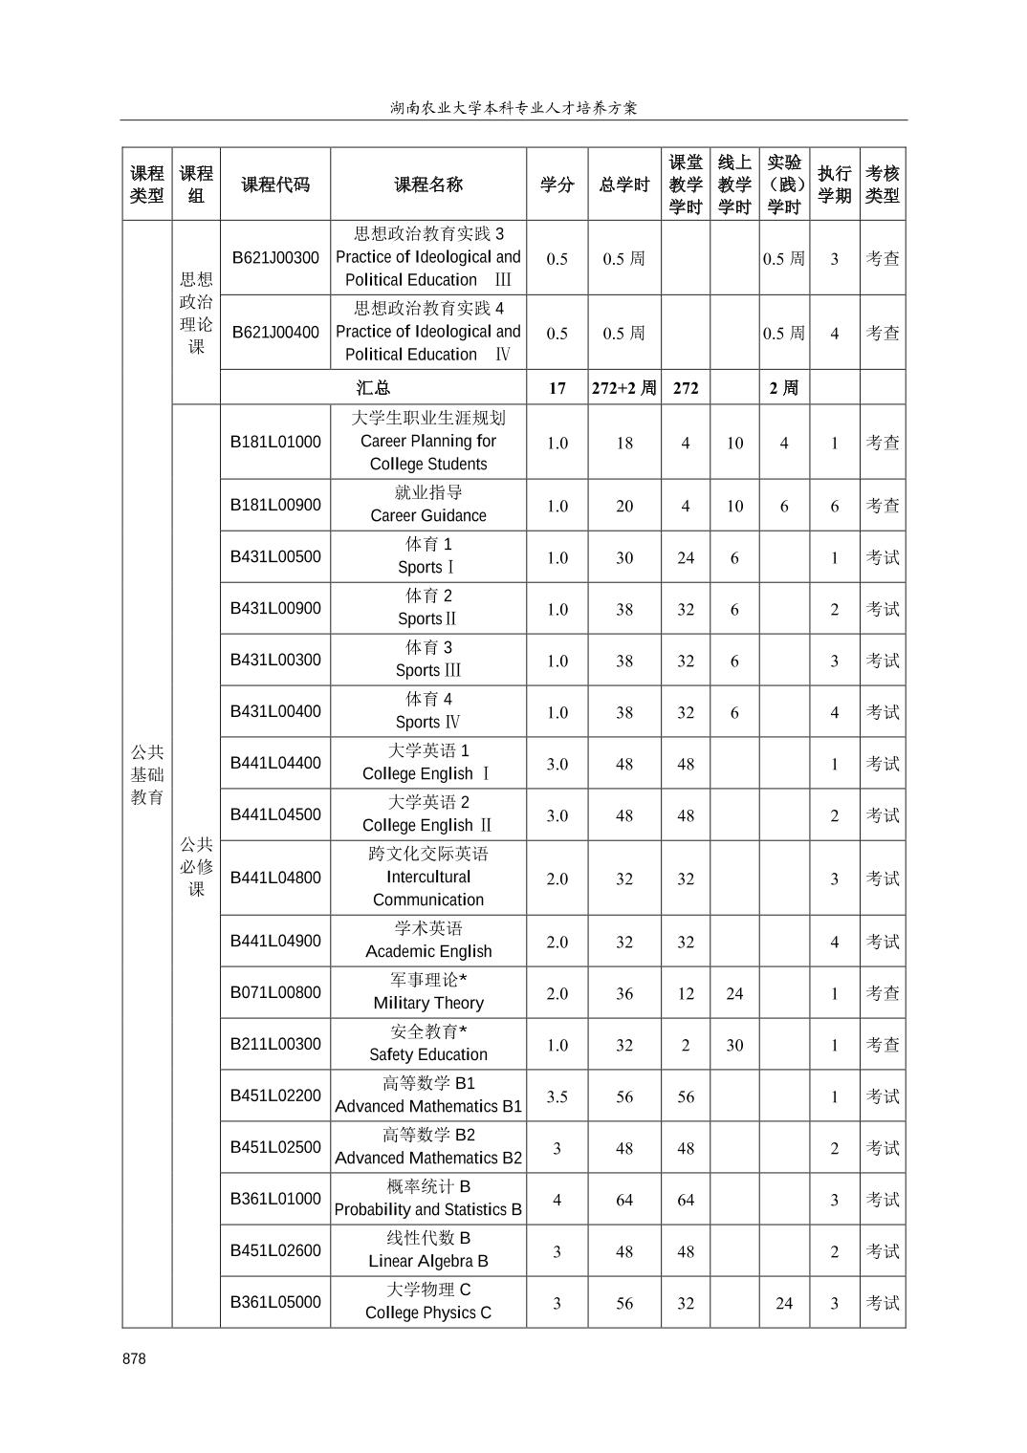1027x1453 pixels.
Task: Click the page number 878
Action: coord(134,1358)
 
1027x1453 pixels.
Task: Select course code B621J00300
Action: coord(275,258)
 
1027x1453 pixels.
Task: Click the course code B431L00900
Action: coord(275,609)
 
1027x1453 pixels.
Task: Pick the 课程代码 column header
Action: coord(275,184)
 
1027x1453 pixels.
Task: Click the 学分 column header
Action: coord(557,184)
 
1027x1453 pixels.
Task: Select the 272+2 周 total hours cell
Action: coord(623,388)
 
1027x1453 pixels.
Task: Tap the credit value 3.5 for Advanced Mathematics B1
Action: coord(557,1096)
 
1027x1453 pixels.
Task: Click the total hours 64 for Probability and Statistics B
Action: coord(623,1200)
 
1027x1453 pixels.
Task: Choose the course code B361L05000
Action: coord(275,1302)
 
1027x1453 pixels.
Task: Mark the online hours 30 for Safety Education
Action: coord(734,1045)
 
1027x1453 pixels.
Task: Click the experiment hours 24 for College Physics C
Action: coord(784,1303)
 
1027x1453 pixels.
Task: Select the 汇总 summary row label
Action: coord(373,388)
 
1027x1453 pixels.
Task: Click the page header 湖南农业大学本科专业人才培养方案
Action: coord(513,108)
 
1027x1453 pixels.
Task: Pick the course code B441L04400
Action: coord(275,763)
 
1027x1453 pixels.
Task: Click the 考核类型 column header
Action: coord(882,184)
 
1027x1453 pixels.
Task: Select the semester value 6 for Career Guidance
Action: coord(834,506)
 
